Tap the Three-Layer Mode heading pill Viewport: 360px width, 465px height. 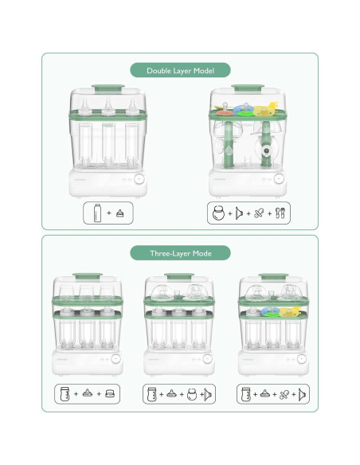(180, 253)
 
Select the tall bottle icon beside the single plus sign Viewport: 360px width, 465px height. (97, 213)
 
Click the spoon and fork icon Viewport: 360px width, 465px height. (280, 213)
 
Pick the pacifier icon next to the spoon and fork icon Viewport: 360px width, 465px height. (259, 213)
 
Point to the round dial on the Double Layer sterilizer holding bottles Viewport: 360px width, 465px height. (139, 179)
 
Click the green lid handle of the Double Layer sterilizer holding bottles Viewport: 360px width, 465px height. (108, 88)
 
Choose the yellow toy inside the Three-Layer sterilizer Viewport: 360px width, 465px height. (289, 311)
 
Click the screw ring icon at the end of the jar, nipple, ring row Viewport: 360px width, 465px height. (109, 394)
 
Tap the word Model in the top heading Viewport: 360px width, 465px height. (204, 71)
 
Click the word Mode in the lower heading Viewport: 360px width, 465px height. (202, 253)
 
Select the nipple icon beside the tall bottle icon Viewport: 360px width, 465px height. (119, 213)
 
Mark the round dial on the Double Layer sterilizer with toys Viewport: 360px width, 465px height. (279, 179)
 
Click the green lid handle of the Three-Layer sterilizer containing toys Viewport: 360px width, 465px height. (273, 276)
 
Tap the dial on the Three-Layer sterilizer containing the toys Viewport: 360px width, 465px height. (302, 359)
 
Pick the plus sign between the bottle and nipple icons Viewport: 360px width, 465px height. (109, 213)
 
